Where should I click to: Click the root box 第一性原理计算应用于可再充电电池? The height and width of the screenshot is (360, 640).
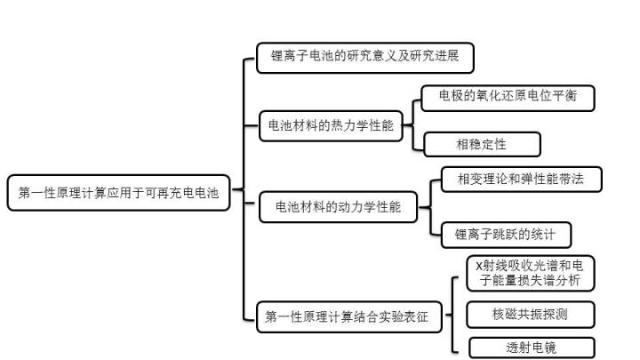click(x=118, y=192)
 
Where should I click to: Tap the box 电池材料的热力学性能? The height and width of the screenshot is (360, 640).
click(x=331, y=126)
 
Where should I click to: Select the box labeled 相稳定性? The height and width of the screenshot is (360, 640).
click(x=481, y=142)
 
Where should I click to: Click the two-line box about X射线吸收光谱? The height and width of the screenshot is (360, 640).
click(x=530, y=272)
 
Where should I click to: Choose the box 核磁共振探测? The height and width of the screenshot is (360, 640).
click(x=530, y=314)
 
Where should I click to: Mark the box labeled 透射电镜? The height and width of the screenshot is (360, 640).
click(x=530, y=348)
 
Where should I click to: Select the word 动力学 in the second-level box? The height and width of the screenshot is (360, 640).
click(x=352, y=207)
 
